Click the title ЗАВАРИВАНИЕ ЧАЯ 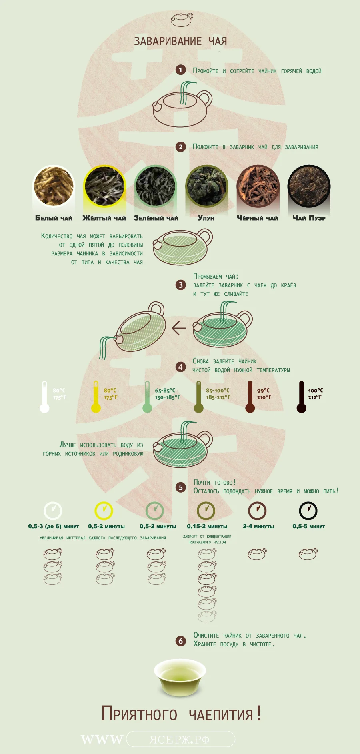[x=180, y=41]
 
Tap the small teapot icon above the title [x=182, y=20]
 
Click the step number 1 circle [x=180, y=70]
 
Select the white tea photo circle [x=54, y=186]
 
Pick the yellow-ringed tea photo [x=104, y=186]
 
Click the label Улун [x=206, y=218]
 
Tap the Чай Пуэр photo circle [x=309, y=186]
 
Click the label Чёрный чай [x=257, y=218]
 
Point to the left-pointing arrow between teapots [x=178, y=328]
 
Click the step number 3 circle [x=180, y=285]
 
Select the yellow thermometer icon [x=96, y=397]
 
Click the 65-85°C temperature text [x=165, y=390]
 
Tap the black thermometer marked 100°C [x=301, y=397]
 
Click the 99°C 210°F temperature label [x=264, y=394]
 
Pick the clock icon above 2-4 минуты [x=257, y=511]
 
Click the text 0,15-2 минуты [x=207, y=527]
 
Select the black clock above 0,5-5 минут [x=308, y=511]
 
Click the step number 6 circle [x=180, y=641]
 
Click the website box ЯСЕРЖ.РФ [x=180, y=739]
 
